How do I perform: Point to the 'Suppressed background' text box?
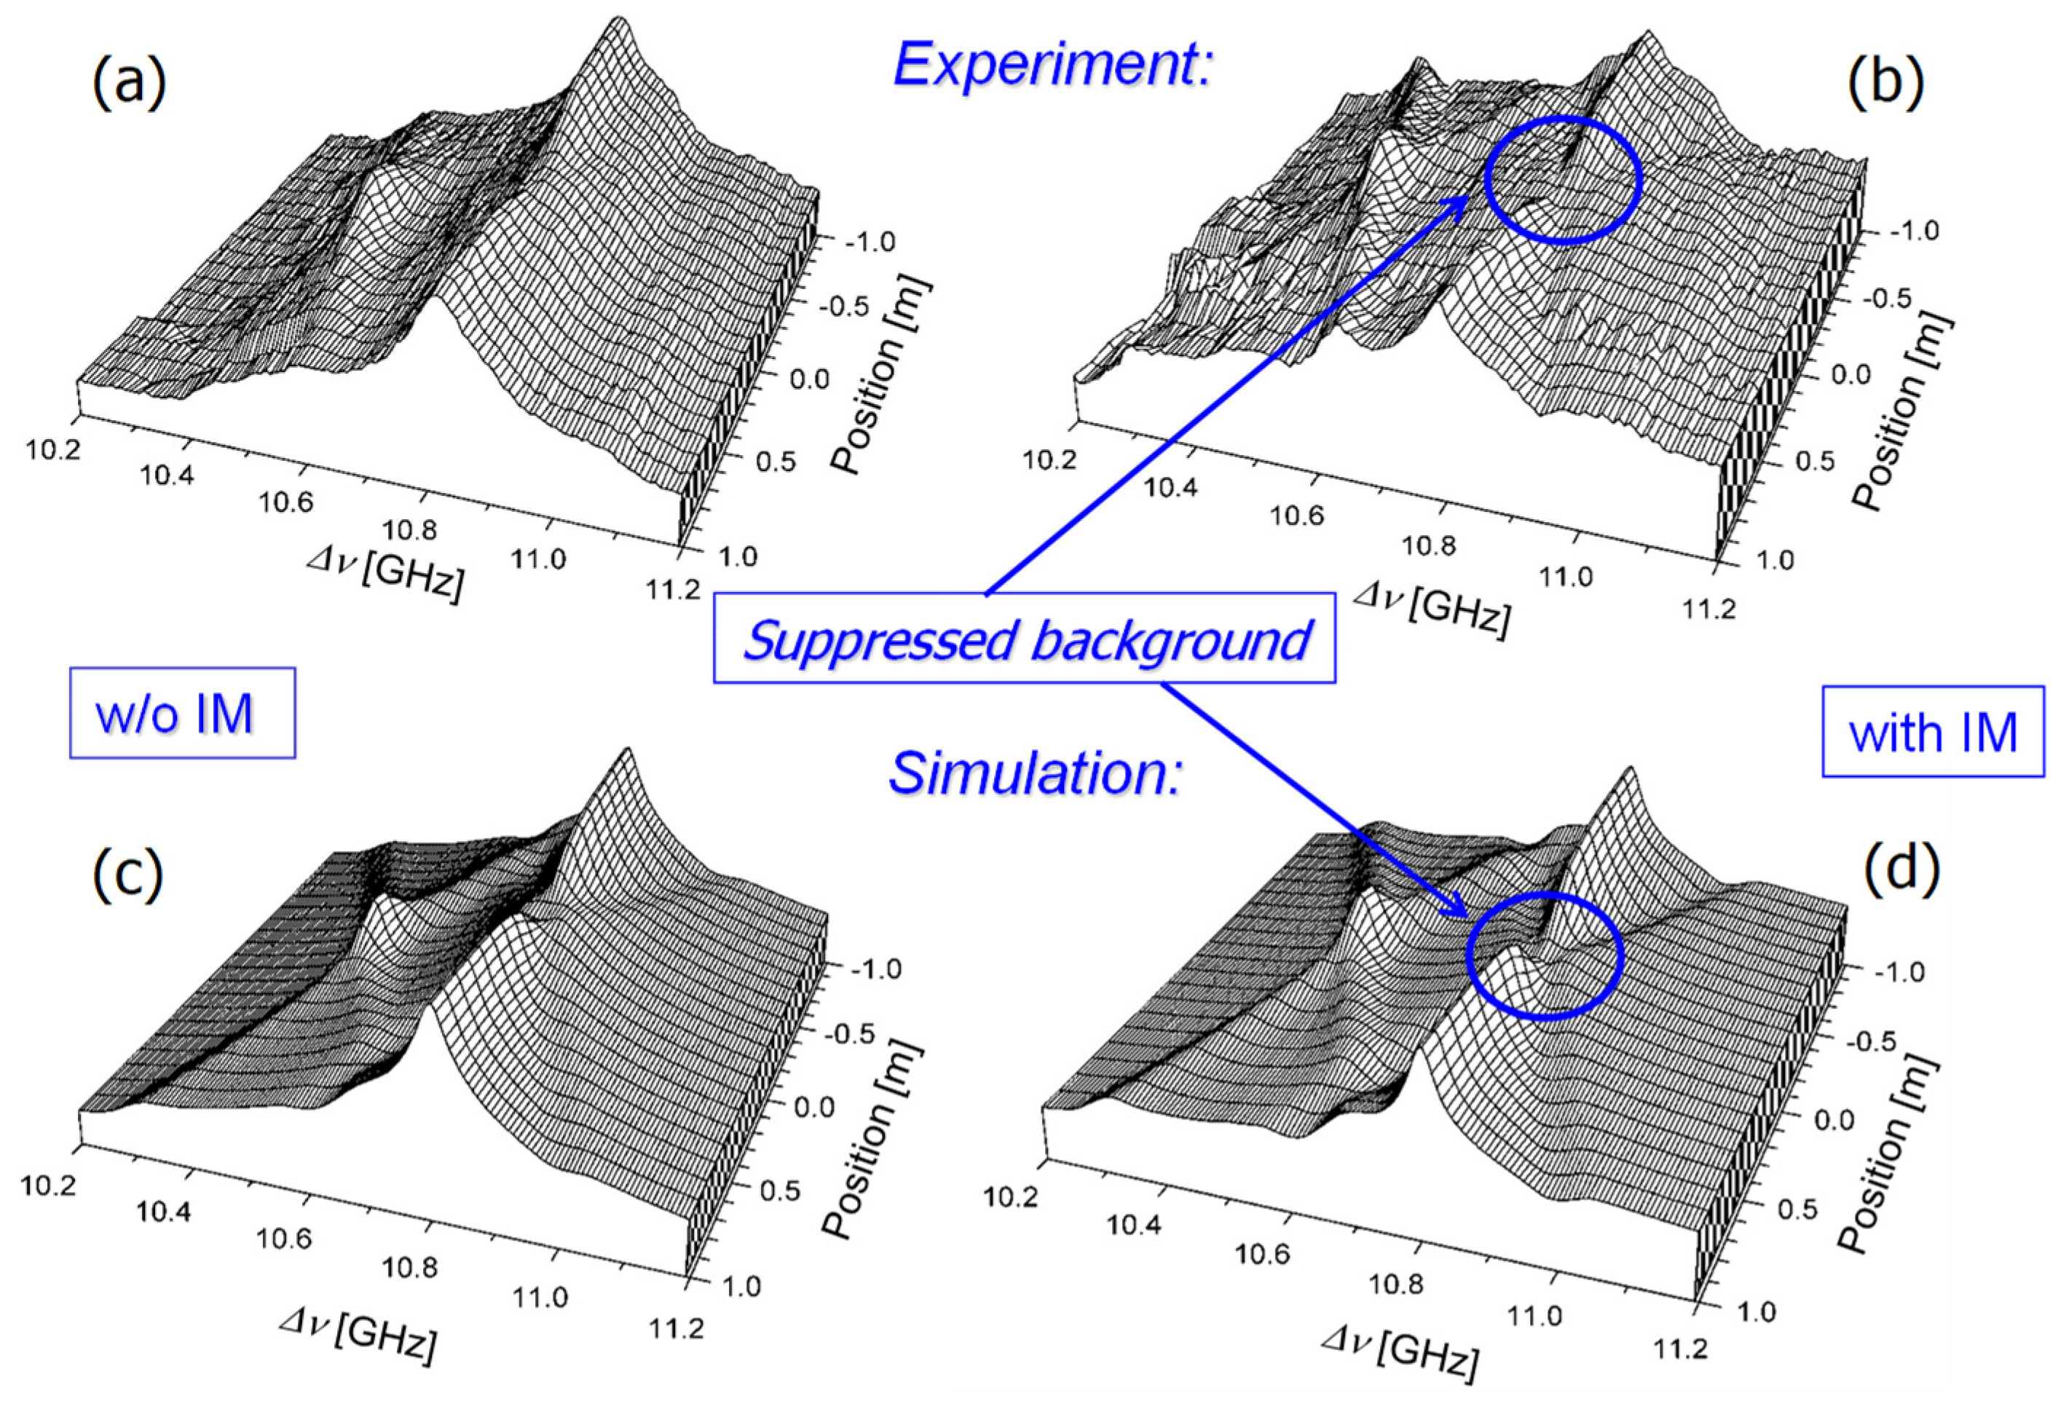coord(1025,638)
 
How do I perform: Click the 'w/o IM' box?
coord(181,713)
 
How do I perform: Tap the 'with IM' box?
coord(1932,732)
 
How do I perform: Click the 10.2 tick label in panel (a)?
coord(52,450)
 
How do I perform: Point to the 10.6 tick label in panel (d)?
coord(1262,1254)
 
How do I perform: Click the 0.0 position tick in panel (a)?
coord(809,379)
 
